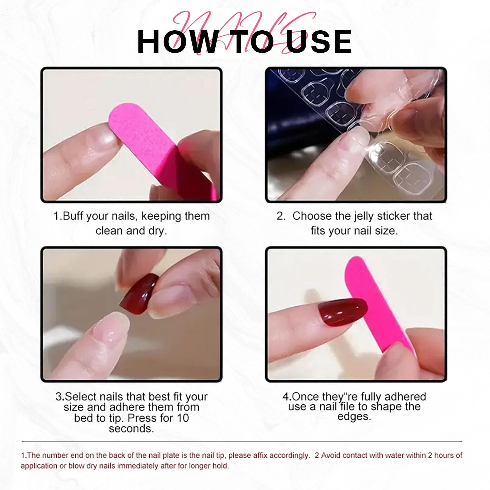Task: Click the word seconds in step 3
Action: click(131, 429)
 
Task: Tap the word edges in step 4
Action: click(354, 417)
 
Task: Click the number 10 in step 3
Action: click(183, 418)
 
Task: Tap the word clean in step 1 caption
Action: click(110, 231)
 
